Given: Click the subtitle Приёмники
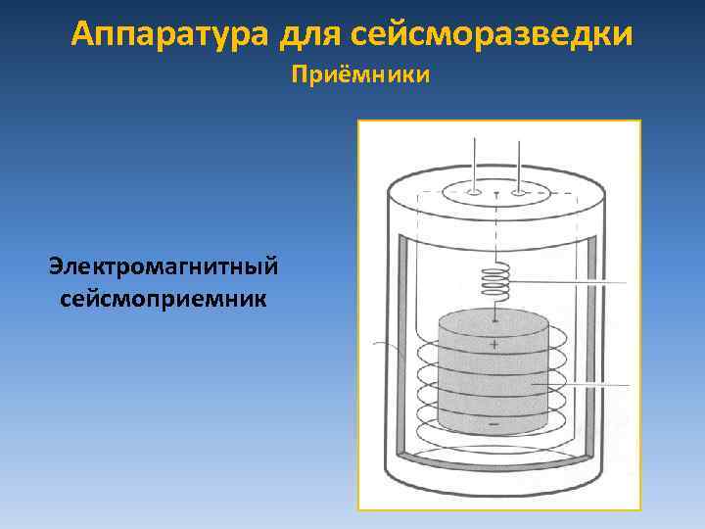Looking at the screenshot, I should [x=361, y=75].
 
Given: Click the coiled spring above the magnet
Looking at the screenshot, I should [x=495, y=283].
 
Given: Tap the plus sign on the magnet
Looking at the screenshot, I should [x=494, y=344].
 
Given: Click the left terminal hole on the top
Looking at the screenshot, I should [x=474, y=193].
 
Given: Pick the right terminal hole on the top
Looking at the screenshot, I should [x=518, y=193].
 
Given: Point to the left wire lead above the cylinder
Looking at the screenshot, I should [x=474, y=162].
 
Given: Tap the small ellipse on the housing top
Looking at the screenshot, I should [x=496, y=193].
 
